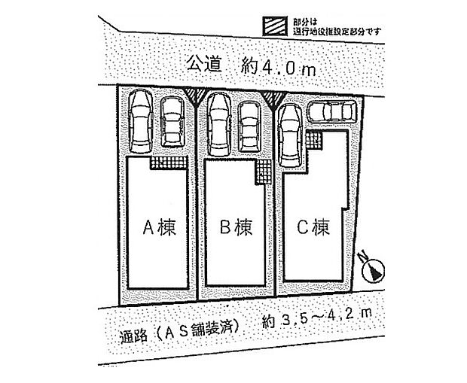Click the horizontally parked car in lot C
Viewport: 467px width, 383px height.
332,113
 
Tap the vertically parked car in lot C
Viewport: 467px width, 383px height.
290,135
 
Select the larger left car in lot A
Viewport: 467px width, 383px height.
141,120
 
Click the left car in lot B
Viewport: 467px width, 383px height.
219,123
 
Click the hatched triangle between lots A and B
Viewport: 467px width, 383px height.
194,96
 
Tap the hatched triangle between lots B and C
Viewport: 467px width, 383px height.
273,96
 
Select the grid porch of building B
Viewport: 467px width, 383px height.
264,172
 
